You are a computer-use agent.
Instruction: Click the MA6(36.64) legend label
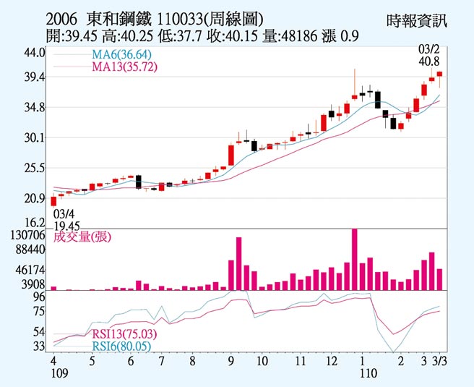[x=121, y=55]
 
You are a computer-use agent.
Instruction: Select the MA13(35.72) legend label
[x=124, y=67]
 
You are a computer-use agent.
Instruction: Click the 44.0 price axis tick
[x=35, y=53]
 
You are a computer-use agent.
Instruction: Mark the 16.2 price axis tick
[x=35, y=223]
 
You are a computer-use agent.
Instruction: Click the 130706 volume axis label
[x=29, y=235]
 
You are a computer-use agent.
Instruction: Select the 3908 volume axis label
[x=33, y=284]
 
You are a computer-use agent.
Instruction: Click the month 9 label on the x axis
[x=230, y=360]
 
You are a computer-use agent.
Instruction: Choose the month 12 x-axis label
[x=332, y=360]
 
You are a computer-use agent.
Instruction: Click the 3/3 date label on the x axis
[x=439, y=360]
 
